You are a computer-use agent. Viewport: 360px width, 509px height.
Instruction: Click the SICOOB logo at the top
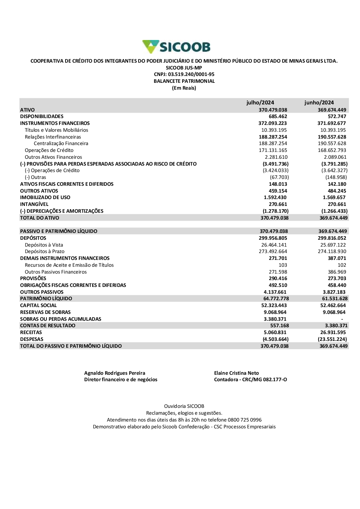click(x=176, y=47)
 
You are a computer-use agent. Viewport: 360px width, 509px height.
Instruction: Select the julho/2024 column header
click(x=260, y=103)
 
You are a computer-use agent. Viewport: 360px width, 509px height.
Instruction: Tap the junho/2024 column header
click(x=319, y=103)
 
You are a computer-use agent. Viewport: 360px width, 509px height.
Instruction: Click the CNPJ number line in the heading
click(x=184, y=75)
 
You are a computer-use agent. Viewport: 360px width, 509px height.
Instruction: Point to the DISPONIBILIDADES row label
click(x=42, y=117)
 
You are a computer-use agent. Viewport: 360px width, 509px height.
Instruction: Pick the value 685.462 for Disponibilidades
click(x=278, y=117)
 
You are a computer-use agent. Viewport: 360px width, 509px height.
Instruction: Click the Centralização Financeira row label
click(x=61, y=144)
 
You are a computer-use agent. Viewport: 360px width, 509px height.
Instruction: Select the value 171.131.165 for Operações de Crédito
click(x=273, y=150)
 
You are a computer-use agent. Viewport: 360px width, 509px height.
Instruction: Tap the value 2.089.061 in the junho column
click(x=335, y=157)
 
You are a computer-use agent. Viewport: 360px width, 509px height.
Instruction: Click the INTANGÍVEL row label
click(x=34, y=204)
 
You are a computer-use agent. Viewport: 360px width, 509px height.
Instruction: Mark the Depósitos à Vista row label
click(x=44, y=245)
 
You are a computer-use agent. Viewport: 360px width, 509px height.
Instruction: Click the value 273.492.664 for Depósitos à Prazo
click(x=273, y=252)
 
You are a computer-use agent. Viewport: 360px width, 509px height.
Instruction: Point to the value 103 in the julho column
click(x=283, y=265)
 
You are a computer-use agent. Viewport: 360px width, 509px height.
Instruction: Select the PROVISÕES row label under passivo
click(x=33, y=279)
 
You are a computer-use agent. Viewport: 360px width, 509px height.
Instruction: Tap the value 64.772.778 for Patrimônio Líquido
click(x=276, y=299)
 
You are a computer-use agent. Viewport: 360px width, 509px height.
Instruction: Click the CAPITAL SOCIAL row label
click(x=39, y=306)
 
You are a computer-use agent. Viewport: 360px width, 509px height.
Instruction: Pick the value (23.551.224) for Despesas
click(x=332, y=339)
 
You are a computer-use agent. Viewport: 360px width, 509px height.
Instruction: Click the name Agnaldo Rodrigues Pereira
click(x=114, y=373)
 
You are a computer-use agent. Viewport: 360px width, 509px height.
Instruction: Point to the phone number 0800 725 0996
click(x=244, y=420)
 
